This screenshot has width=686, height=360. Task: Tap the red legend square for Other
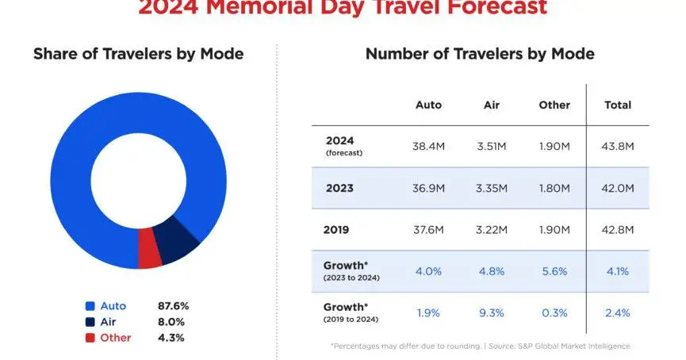point(90,338)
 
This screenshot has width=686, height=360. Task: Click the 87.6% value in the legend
point(174,306)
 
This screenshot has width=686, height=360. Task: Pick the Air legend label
point(109,322)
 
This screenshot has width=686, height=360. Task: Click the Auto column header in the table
point(428,105)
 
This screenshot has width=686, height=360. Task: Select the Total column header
point(618,105)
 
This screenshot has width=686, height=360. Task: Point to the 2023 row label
point(339,188)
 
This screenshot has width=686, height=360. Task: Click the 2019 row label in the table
point(337,230)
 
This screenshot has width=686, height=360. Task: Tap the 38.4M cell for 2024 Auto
point(428,147)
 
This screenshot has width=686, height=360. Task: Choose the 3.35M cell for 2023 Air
point(492,188)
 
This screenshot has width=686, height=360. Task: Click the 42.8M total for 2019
point(618,230)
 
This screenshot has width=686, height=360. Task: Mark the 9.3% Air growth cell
point(492,313)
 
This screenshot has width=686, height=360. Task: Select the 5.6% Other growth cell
point(554,271)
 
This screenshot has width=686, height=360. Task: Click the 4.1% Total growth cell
point(618,271)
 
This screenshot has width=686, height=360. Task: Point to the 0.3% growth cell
point(554,313)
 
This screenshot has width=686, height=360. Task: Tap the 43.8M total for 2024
point(618,147)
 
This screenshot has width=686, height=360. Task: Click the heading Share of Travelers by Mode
point(138,55)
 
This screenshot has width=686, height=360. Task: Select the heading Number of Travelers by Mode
point(479,55)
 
